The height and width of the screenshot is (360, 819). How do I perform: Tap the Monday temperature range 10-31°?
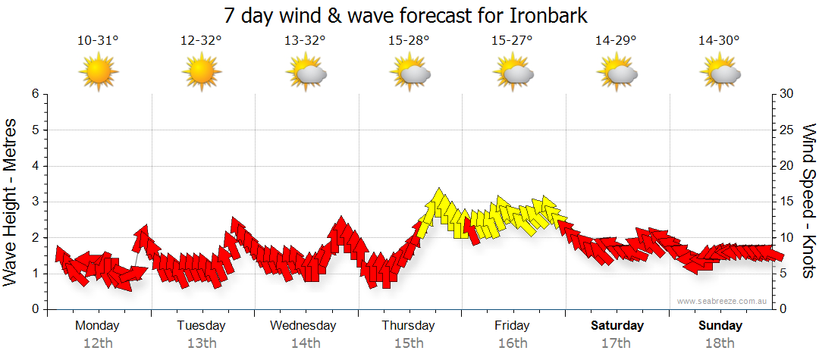[x=98, y=41]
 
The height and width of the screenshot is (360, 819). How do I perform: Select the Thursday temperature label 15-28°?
[x=409, y=41]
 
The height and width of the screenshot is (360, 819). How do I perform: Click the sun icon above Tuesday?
[x=202, y=72]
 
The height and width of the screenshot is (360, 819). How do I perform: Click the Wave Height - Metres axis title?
[x=11, y=202]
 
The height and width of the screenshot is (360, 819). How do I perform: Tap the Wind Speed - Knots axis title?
[x=808, y=202]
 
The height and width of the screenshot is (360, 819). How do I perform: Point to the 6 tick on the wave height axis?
[x=35, y=94]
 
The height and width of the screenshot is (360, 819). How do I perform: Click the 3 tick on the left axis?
[x=35, y=202]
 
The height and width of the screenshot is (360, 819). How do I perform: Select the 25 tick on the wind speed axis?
[x=787, y=130]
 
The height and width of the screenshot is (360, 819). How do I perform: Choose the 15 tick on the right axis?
[x=787, y=202]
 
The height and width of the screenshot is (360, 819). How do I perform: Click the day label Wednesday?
[x=303, y=326]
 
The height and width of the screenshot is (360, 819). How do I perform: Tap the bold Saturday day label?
[x=617, y=326]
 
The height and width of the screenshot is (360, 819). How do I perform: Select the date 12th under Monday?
[x=98, y=343]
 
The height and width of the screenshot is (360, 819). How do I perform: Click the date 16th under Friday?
[x=513, y=343]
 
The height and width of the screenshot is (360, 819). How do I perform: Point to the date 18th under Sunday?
[x=720, y=343]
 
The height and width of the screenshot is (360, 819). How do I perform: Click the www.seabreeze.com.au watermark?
[x=723, y=301]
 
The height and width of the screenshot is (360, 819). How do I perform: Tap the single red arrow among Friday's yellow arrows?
[x=473, y=230]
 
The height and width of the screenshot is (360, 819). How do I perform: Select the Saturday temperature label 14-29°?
[x=616, y=41]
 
